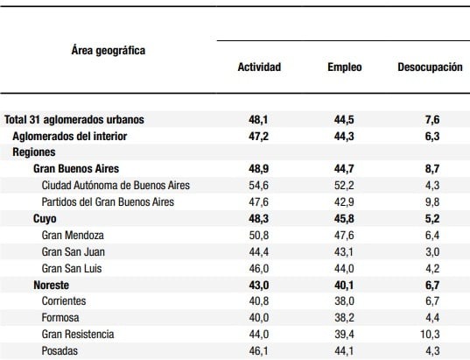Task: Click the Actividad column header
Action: point(259,67)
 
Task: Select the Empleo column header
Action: point(345,67)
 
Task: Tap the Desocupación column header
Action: point(430,67)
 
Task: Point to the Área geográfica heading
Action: point(109,51)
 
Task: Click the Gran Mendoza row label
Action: point(73,236)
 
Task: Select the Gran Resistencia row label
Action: point(78,335)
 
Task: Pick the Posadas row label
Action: point(60,350)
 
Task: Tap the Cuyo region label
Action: point(45,219)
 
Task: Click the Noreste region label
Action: point(52,285)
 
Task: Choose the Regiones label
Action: point(34,152)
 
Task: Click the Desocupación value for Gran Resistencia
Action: point(430,335)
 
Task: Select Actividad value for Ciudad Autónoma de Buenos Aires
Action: point(259,186)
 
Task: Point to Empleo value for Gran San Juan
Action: point(344,251)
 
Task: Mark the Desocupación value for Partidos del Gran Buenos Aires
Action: point(432,202)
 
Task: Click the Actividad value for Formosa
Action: point(259,318)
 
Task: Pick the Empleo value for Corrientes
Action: point(344,301)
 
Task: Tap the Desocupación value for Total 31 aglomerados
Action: point(432,120)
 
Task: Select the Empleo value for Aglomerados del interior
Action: point(344,136)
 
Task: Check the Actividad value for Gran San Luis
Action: point(259,269)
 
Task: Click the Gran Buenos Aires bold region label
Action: point(76,168)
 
